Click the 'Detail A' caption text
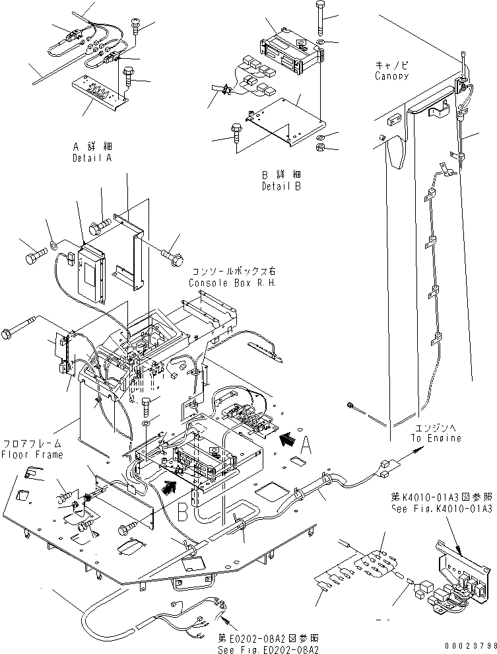[x=92, y=159]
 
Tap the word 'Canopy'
[x=391, y=76]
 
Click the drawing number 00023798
[x=467, y=646]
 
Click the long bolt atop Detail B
[x=320, y=20]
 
